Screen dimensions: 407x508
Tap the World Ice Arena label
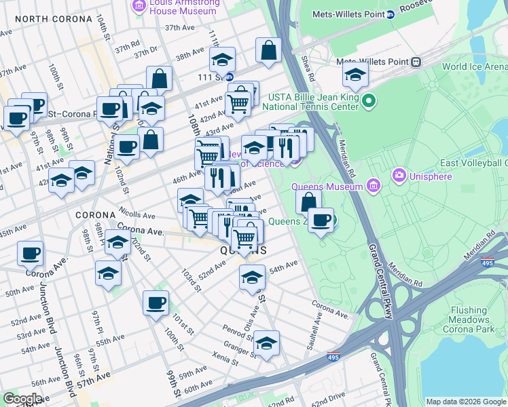[474, 66]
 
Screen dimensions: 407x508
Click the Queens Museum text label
[327, 187]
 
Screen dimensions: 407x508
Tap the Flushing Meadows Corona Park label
[479, 319]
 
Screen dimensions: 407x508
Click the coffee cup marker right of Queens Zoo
[321, 220]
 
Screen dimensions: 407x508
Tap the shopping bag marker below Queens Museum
[308, 201]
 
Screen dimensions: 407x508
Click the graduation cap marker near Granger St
[267, 344]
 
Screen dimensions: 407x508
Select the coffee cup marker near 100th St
[156, 303]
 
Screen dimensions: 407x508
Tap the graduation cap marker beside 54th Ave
[252, 277]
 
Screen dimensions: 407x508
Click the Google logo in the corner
[22, 399]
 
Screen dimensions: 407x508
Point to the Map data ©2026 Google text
[465, 402]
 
